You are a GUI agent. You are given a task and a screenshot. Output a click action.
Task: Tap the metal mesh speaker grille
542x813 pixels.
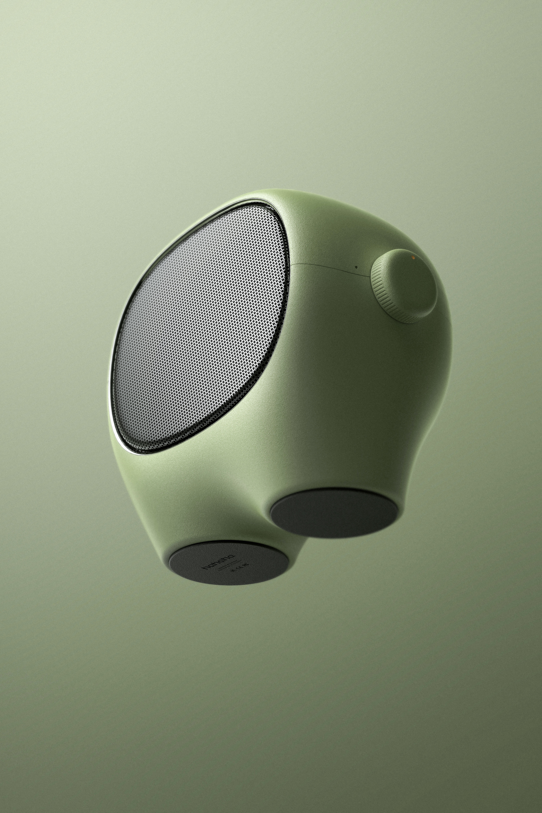pos(200,328)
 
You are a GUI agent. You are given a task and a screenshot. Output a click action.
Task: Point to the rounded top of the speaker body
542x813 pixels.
pos(311,200)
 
